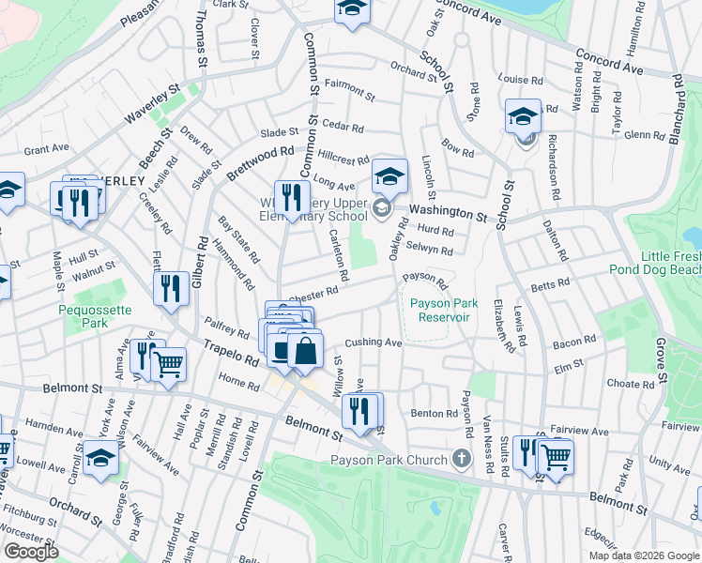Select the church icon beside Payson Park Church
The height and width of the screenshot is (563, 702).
pyautogui.click(x=460, y=459)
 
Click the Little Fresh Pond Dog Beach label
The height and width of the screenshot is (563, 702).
pyautogui.click(x=670, y=263)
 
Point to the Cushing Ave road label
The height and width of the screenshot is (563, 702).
pyautogui.click(x=374, y=342)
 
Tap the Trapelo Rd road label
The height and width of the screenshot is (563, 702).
pyautogui.click(x=231, y=352)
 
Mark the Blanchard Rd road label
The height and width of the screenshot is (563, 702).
pyautogui.click(x=677, y=113)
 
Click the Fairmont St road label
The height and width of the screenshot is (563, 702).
pyautogui.click(x=349, y=90)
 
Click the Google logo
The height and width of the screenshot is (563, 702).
pyautogui.click(x=31, y=552)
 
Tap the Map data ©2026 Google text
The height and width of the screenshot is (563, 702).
pyautogui.click(x=643, y=555)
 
